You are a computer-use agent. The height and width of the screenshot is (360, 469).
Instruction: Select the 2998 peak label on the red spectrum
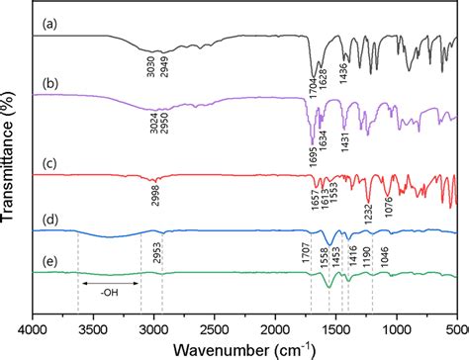click(x=155, y=198)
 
